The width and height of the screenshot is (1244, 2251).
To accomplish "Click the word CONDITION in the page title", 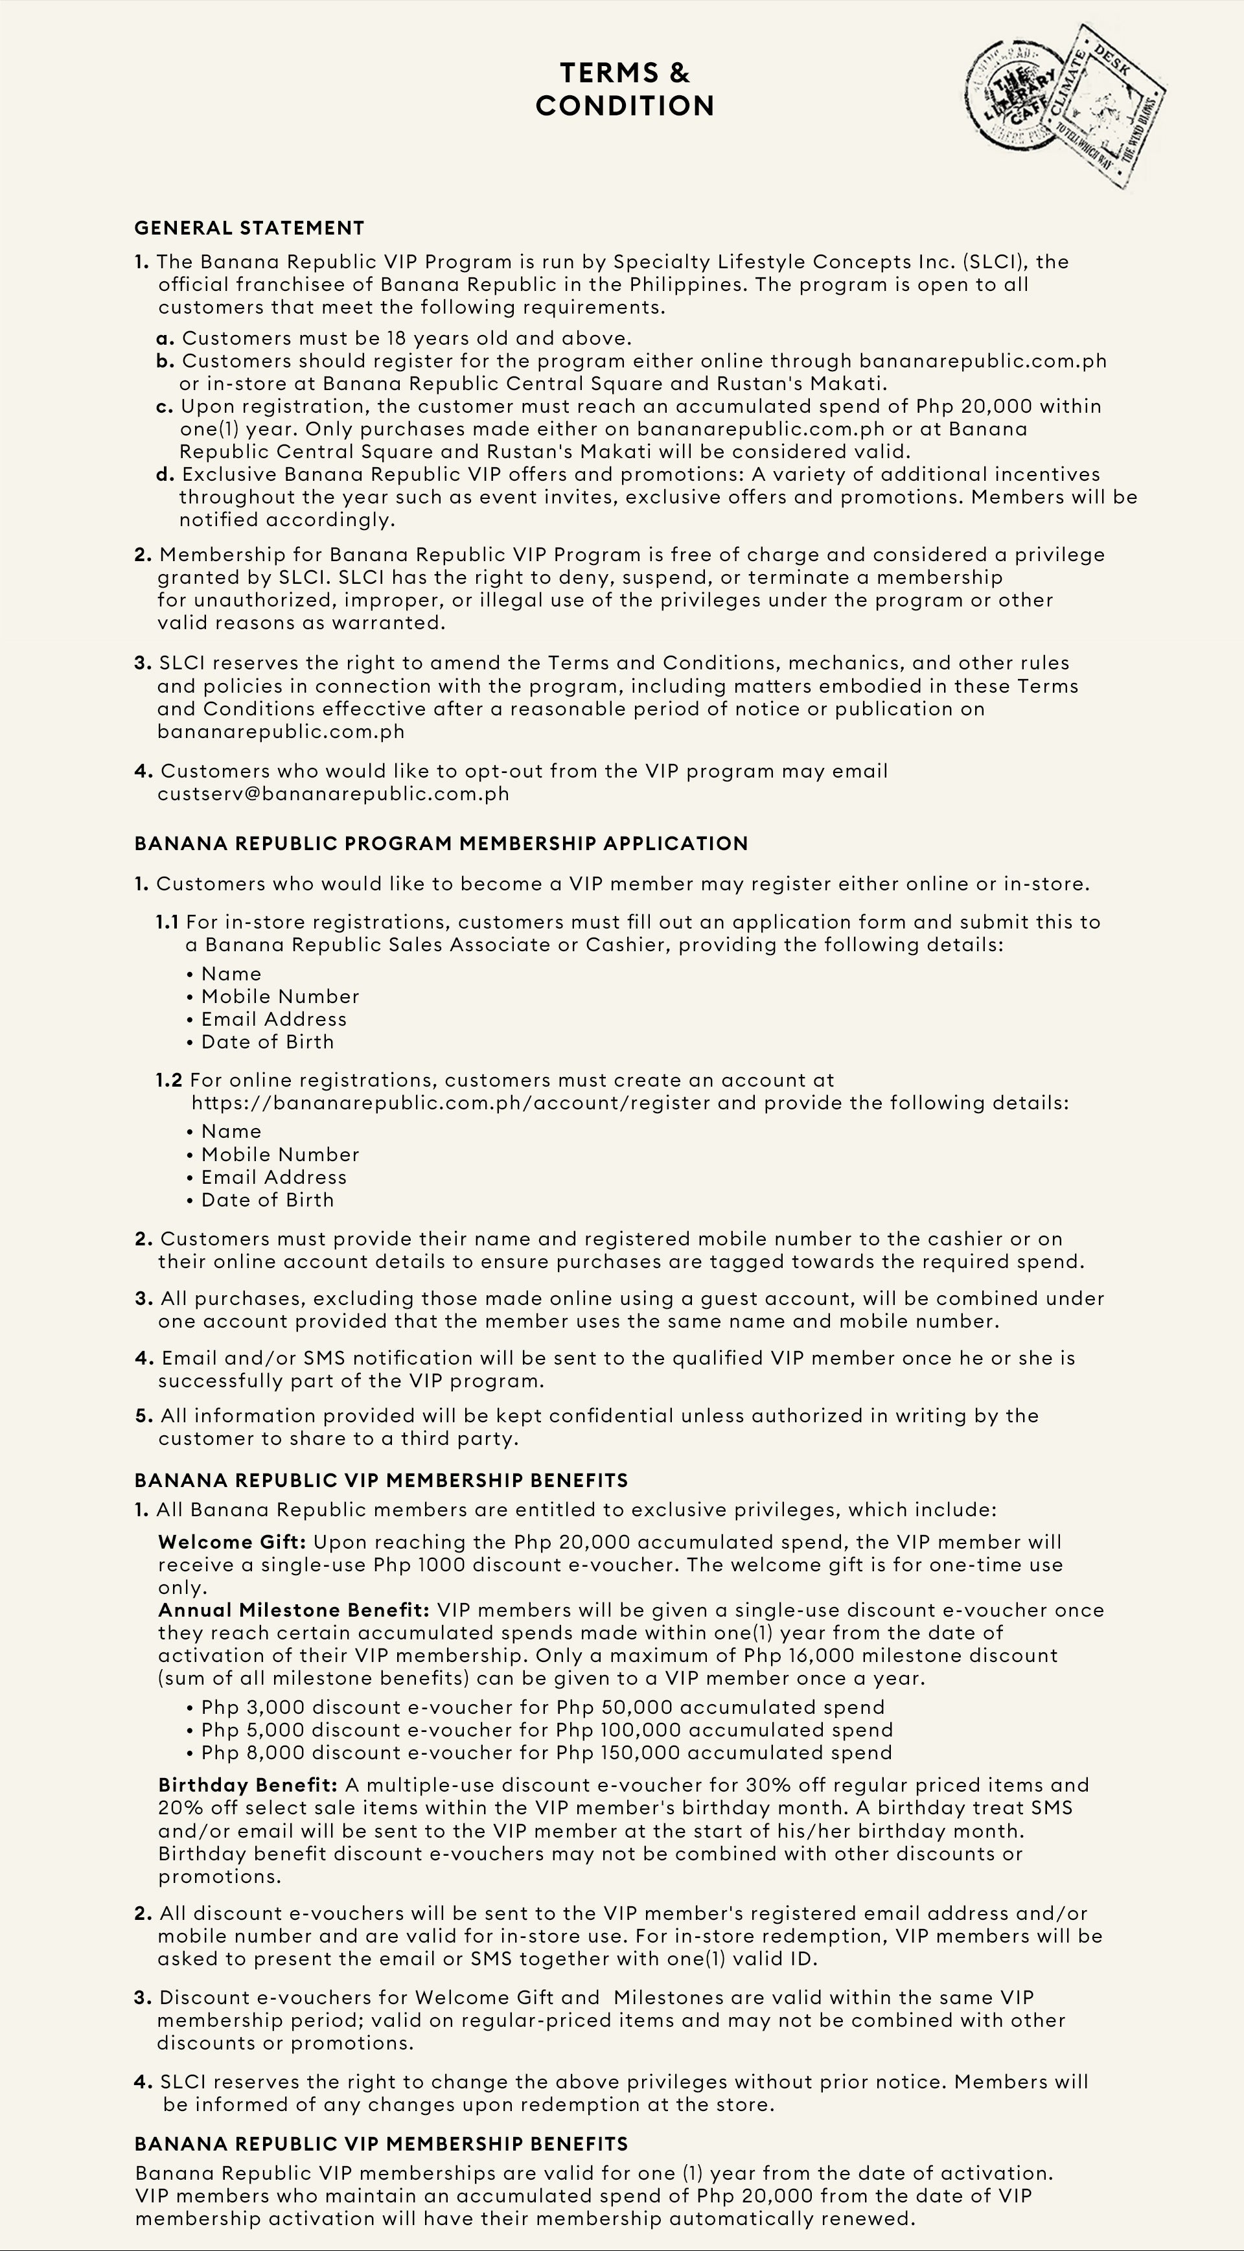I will click(625, 106).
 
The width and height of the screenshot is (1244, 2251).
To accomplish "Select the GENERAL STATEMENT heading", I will click(249, 228).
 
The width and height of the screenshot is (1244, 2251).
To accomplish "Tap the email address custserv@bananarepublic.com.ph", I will click(333, 794).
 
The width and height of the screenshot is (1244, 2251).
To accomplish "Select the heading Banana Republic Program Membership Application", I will click(441, 843).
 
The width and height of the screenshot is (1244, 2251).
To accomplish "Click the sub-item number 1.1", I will click(168, 922).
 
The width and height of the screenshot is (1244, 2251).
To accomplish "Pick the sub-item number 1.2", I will click(170, 1080).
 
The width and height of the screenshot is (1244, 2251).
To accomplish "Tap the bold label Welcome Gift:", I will click(231, 1541).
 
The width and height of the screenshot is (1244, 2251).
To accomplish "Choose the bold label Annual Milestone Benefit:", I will click(294, 1610).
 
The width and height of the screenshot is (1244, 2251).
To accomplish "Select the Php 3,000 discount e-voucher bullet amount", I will click(253, 1707).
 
